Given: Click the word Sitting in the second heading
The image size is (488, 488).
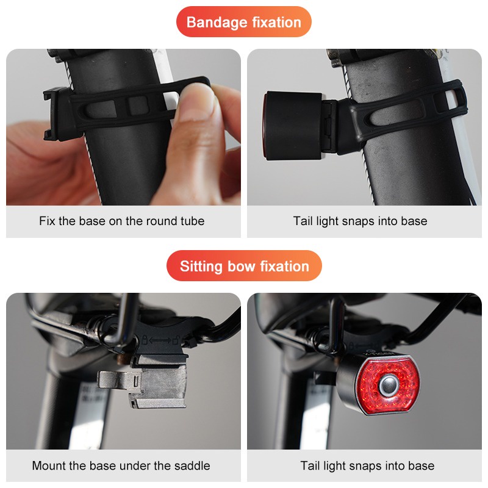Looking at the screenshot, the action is (201, 267).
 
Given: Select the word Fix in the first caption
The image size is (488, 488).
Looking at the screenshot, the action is (47, 221).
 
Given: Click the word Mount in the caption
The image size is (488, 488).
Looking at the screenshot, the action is (49, 465).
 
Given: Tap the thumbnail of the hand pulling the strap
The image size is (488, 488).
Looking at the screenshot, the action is (123, 127).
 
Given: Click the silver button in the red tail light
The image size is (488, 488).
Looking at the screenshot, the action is (389, 386).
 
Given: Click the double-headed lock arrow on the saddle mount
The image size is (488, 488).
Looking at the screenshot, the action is (160, 340).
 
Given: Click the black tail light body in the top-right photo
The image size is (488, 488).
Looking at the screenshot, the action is (293, 126).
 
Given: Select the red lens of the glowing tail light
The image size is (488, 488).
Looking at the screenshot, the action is (387, 386).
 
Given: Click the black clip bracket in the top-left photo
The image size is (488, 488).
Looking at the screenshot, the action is (57, 113).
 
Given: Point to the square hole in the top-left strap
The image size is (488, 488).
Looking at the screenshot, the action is (137, 104).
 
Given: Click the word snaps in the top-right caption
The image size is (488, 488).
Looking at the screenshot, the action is (358, 221).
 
